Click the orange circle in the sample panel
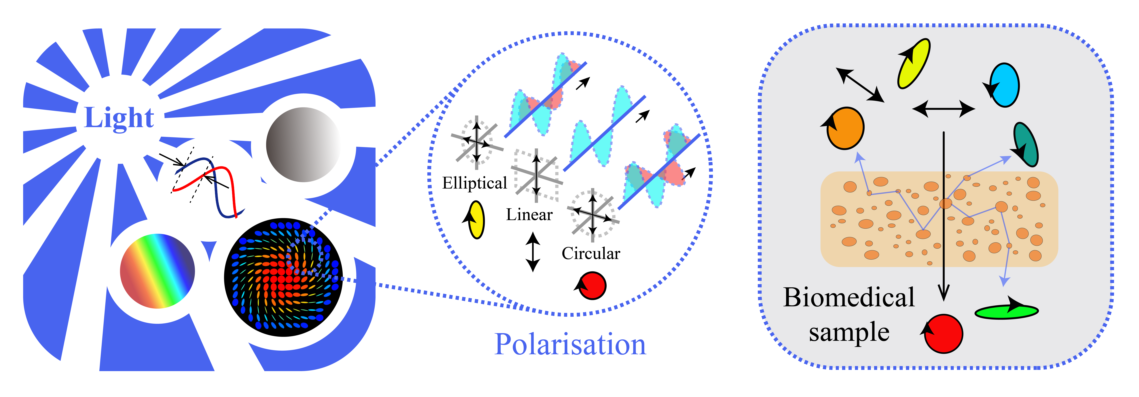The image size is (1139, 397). (x=845, y=128)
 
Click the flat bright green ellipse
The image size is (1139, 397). (x=1006, y=312)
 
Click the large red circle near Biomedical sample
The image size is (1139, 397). (x=943, y=334)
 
